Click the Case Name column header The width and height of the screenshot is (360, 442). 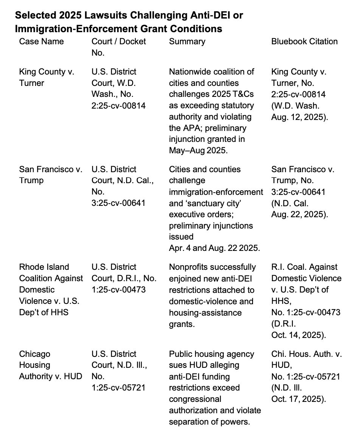[41, 41]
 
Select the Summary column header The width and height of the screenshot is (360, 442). [187, 41]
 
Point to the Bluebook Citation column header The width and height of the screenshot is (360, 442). [304, 41]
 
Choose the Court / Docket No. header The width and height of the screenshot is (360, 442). [118, 47]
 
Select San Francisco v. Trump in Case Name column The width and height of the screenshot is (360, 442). [50, 175]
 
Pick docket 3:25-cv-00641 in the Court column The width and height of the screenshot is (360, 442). [118, 203]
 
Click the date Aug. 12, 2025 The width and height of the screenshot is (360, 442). [299, 117]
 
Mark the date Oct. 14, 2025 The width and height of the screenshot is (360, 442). [299, 335]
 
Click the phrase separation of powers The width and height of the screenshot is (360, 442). [209, 422]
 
